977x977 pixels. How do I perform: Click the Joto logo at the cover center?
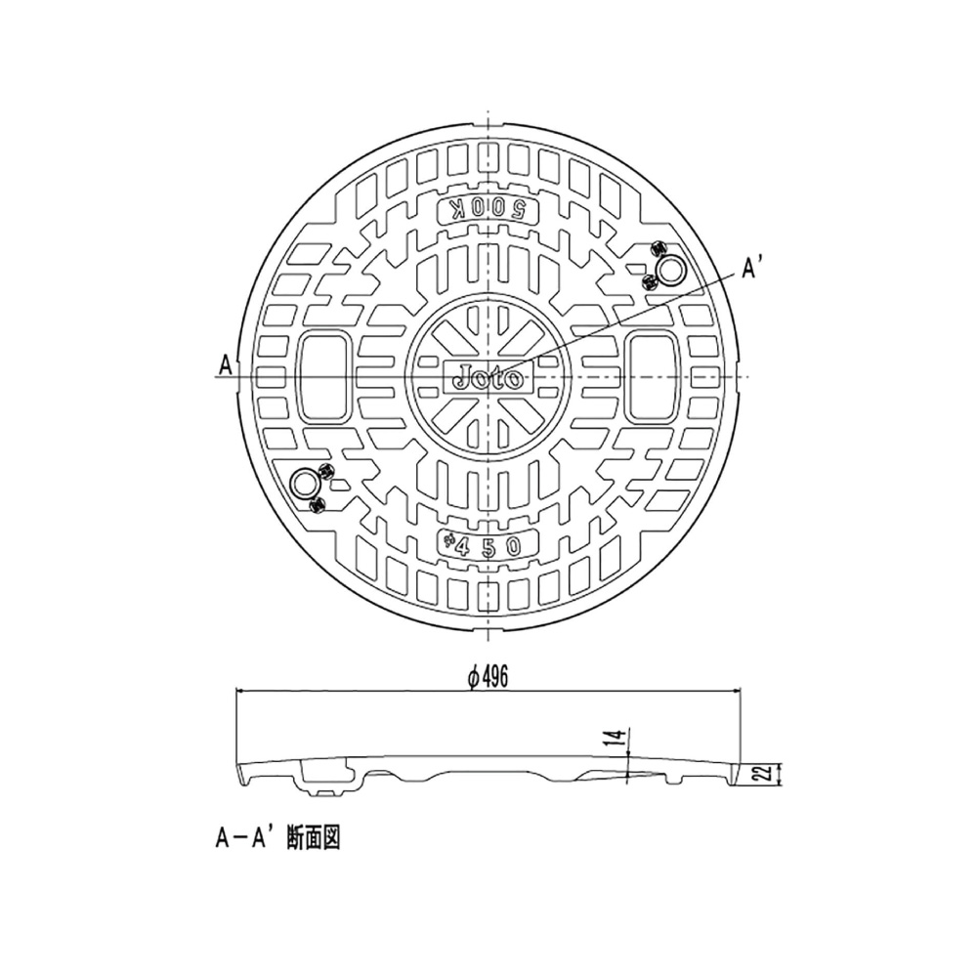click(488, 377)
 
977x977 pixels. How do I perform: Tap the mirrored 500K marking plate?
click(488, 211)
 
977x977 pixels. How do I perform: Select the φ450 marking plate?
click(488, 545)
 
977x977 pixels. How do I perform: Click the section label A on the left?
click(225, 365)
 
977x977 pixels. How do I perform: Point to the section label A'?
click(752, 270)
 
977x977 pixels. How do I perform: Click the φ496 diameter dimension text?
click(488, 677)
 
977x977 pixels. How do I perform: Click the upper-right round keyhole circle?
click(671, 271)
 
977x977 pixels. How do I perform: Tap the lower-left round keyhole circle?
click(305, 485)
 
